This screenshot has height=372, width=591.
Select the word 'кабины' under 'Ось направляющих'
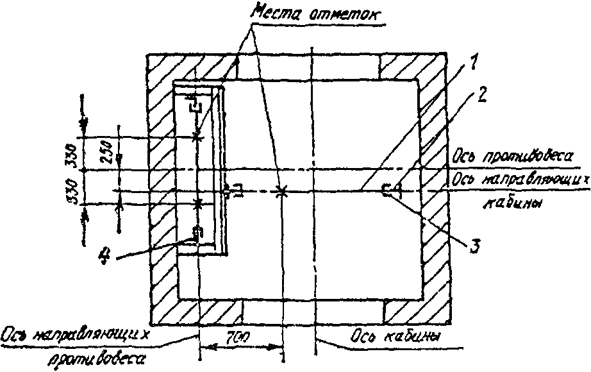tap(517, 203)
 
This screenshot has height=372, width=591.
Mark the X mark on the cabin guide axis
tap(280, 191)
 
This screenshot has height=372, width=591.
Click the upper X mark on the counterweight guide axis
tap(197, 137)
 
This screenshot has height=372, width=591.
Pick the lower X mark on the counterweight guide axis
tap(198, 203)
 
